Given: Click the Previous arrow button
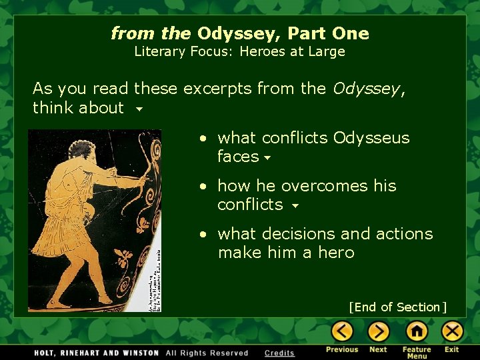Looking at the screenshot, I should pos(342,331).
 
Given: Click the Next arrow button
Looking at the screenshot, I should pos(378,331).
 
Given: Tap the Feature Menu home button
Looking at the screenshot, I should pos(417,331).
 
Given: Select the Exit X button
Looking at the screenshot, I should pos(452,331).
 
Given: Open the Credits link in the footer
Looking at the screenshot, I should pos(279,353).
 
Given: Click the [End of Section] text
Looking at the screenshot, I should pos(397,307).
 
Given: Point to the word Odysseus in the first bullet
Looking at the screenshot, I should pos(371,138).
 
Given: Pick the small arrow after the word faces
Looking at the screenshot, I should pos(267,158).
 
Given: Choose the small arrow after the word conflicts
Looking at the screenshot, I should pos(295,206).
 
